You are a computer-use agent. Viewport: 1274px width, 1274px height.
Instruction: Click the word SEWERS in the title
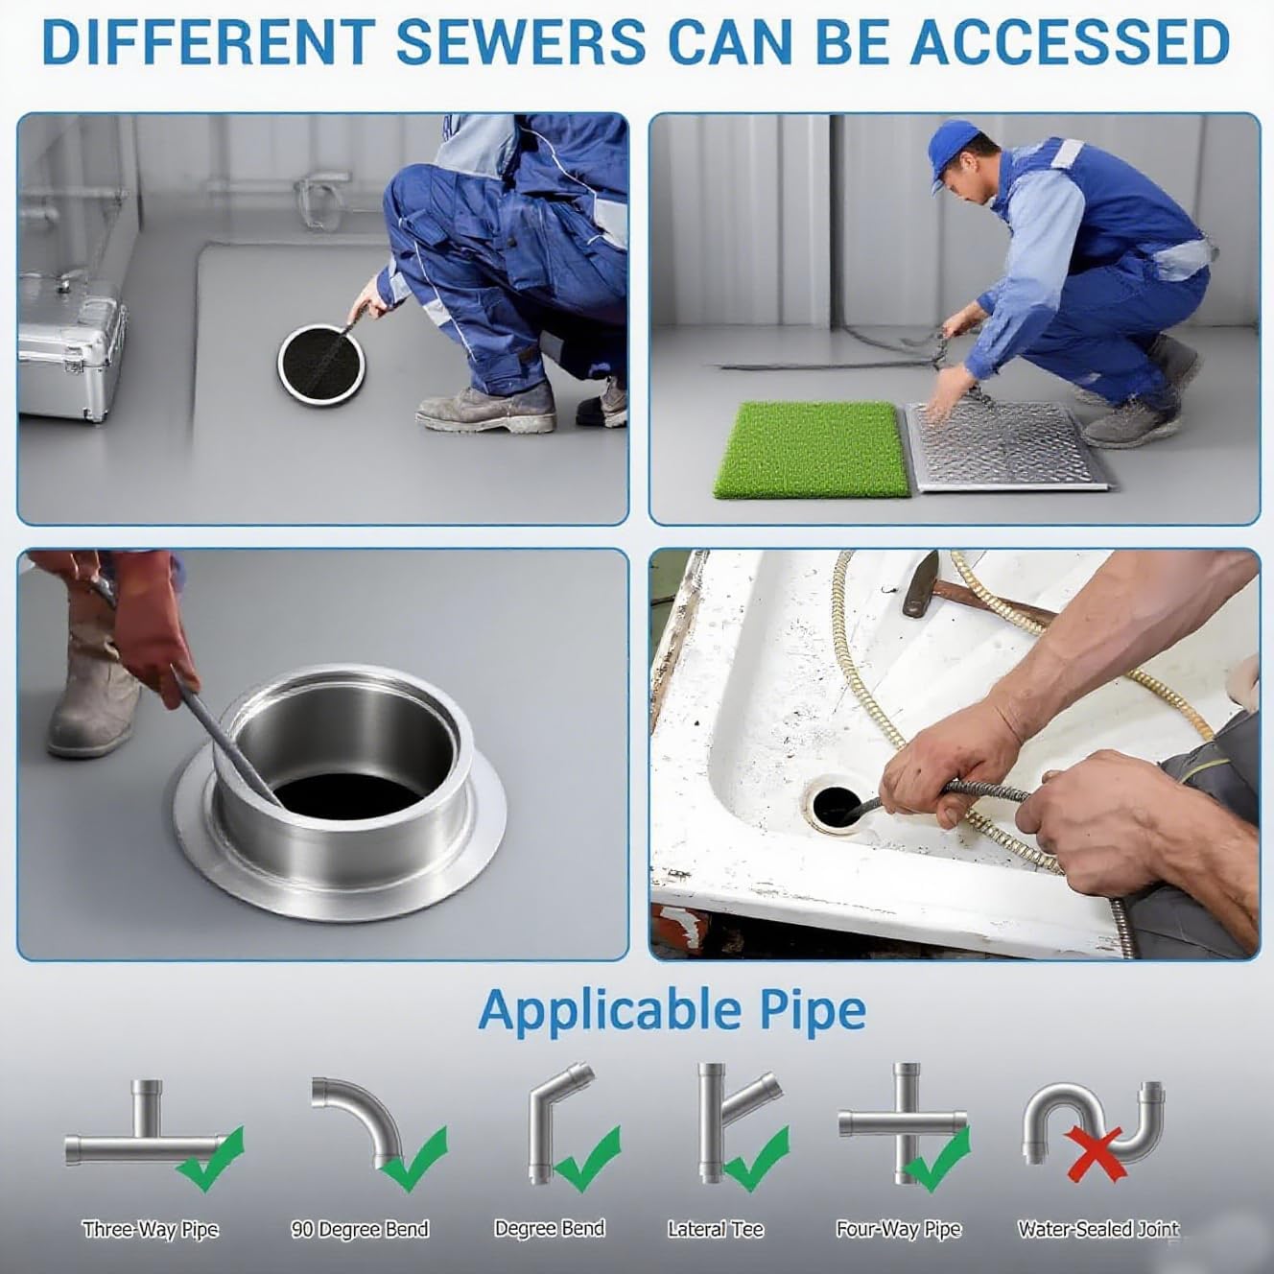(520, 43)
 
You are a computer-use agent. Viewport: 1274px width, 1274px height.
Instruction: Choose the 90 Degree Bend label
(360, 1229)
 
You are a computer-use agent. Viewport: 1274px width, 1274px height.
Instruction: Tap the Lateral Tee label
(716, 1229)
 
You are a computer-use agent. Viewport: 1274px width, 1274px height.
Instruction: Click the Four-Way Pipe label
(899, 1229)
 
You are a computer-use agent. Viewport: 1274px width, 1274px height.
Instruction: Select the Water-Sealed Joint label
(1098, 1229)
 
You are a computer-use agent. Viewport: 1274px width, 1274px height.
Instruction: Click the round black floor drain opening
(321, 363)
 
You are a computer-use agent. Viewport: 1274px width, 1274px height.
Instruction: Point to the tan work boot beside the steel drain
(92, 688)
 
